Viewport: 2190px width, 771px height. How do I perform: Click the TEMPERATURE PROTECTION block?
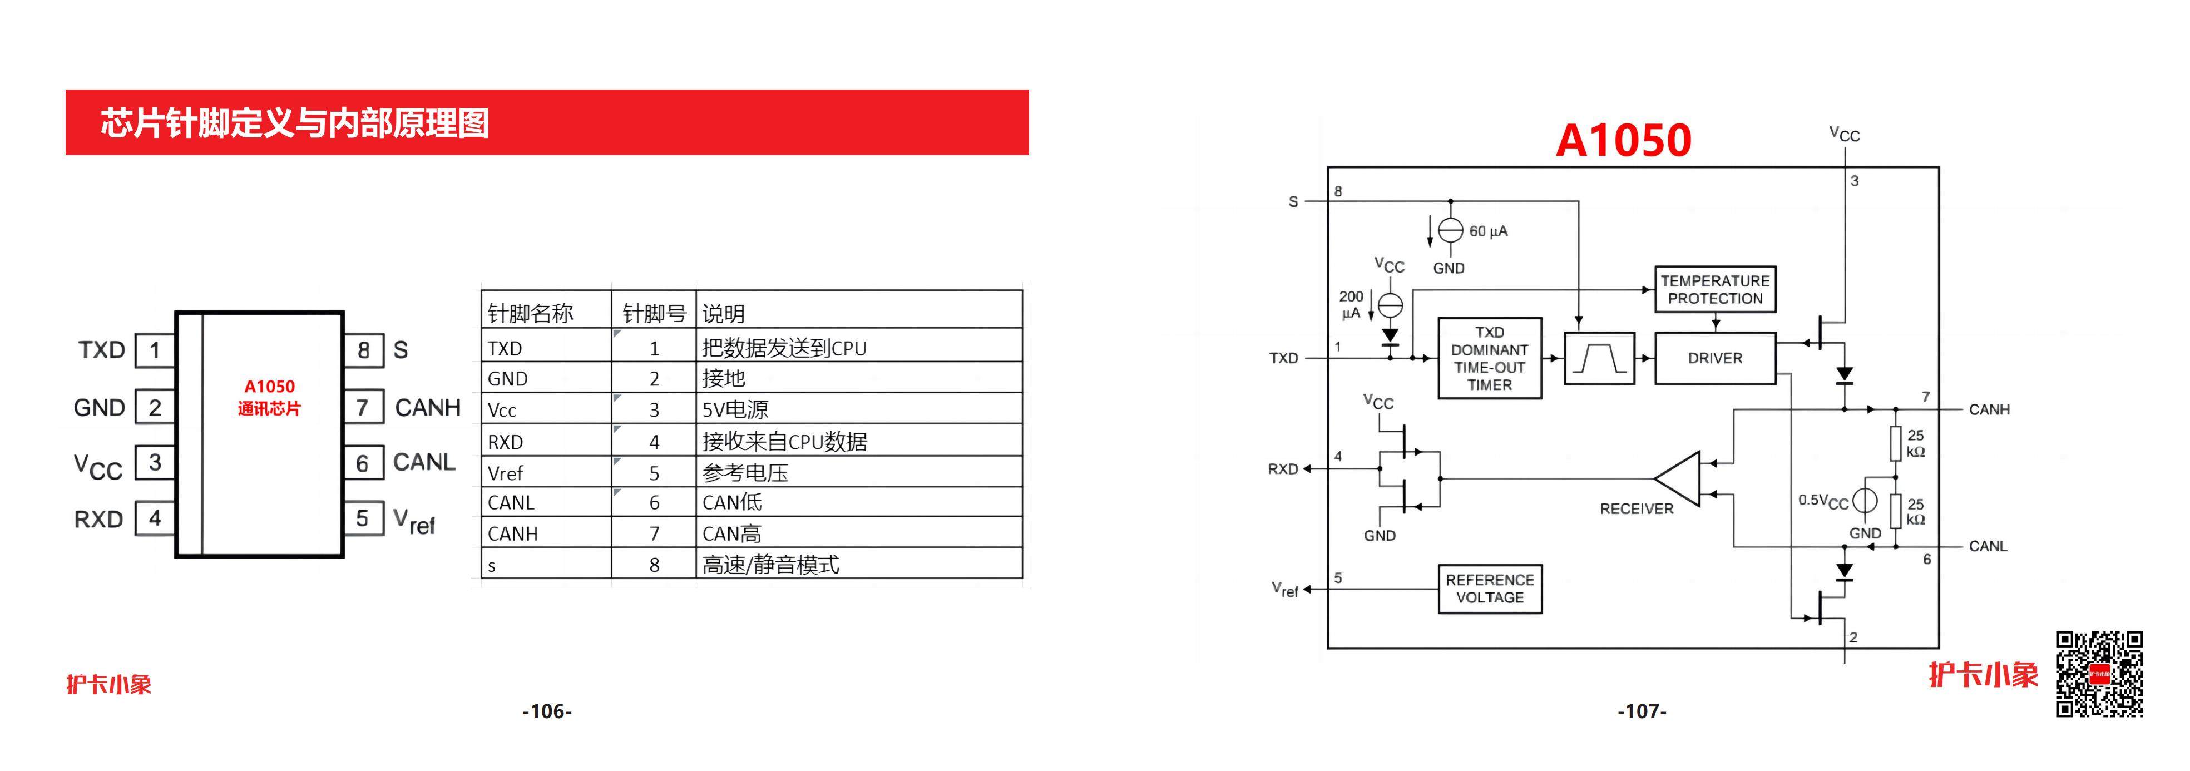pos(1715,289)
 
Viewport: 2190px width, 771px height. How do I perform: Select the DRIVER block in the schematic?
pos(1715,358)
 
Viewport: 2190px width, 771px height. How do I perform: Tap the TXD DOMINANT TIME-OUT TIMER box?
pos(1490,358)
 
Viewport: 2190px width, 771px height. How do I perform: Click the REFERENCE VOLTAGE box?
pos(1490,588)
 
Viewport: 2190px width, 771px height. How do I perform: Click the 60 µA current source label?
pos(1489,231)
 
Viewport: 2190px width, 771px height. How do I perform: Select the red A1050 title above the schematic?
pos(1623,140)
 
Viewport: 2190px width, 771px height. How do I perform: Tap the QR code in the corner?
pos(2099,674)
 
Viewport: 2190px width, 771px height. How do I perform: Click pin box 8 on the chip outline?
pos(363,349)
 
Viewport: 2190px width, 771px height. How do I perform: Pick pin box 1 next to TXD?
pos(155,349)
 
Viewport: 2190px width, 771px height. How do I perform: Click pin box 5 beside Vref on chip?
pos(363,518)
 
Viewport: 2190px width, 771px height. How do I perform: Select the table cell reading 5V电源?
pos(735,410)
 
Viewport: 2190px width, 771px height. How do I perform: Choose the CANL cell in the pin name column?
pos(511,502)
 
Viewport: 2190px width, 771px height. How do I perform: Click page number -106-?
pos(547,711)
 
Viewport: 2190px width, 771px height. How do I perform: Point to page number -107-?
pos(1642,711)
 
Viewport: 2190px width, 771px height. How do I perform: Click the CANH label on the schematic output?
pos(1989,409)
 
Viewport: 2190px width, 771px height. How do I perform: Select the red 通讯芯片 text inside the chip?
pos(269,409)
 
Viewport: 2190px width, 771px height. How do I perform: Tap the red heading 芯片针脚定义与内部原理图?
pos(295,122)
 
